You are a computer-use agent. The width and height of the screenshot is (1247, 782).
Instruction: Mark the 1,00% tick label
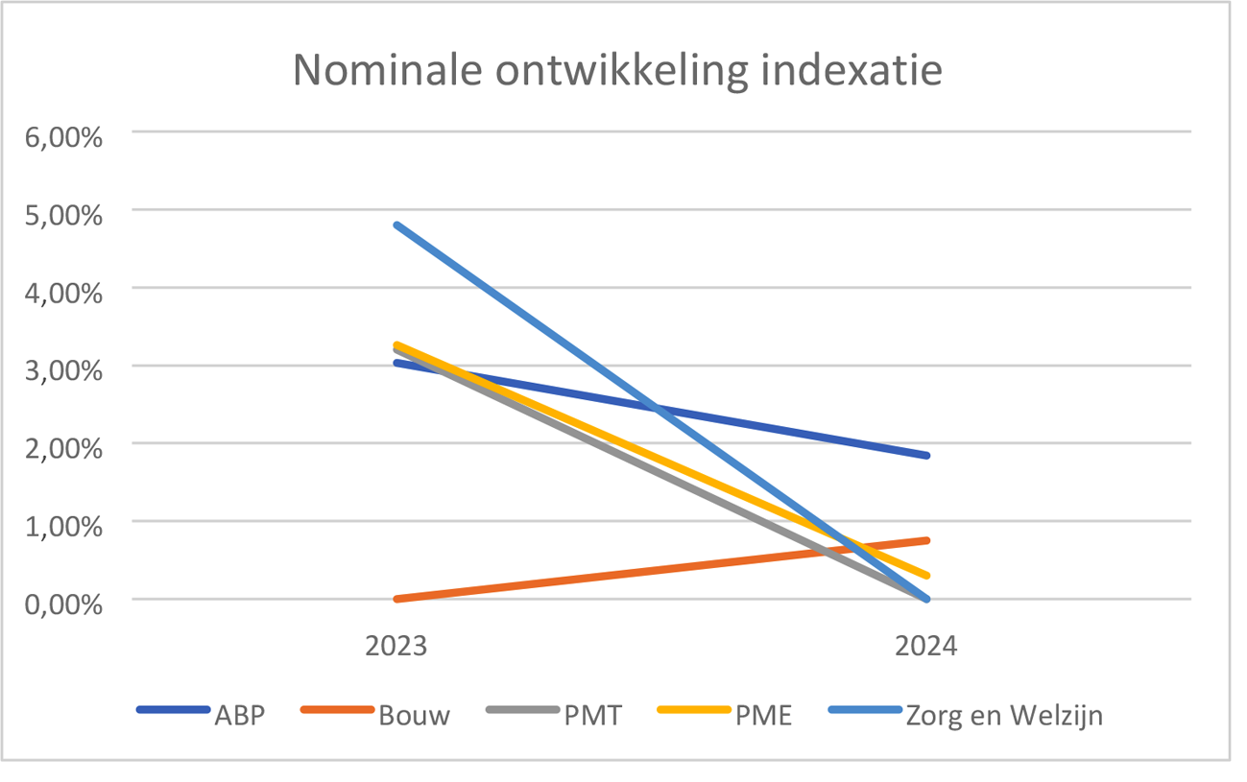tap(63, 526)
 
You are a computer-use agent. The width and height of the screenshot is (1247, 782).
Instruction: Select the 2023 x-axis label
tap(396, 646)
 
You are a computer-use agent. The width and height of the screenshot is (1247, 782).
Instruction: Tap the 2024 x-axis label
tap(926, 646)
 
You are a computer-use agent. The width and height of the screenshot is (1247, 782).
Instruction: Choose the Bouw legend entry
tap(413, 715)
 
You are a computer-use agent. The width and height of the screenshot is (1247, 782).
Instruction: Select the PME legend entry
tap(765, 715)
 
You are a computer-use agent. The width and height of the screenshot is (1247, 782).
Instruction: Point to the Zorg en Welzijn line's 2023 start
tap(396, 225)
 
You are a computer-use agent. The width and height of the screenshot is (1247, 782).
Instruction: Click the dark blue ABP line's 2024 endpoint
tap(926, 455)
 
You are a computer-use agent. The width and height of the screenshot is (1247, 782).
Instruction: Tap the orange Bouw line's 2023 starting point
tap(396, 599)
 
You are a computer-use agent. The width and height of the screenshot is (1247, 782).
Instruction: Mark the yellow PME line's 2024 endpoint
tap(926, 576)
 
